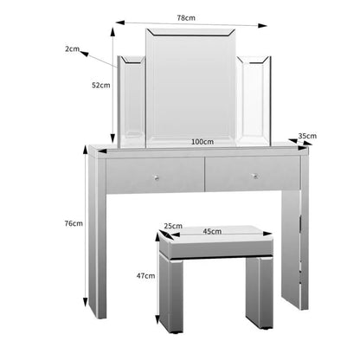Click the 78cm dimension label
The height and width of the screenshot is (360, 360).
(x=184, y=17)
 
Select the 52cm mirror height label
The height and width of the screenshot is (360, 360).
(x=100, y=85)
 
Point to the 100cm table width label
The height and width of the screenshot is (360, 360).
(x=202, y=141)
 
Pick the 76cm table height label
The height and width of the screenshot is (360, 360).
(x=74, y=223)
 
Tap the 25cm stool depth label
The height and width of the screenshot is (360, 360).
(x=173, y=227)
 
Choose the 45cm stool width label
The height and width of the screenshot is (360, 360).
(x=213, y=231)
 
